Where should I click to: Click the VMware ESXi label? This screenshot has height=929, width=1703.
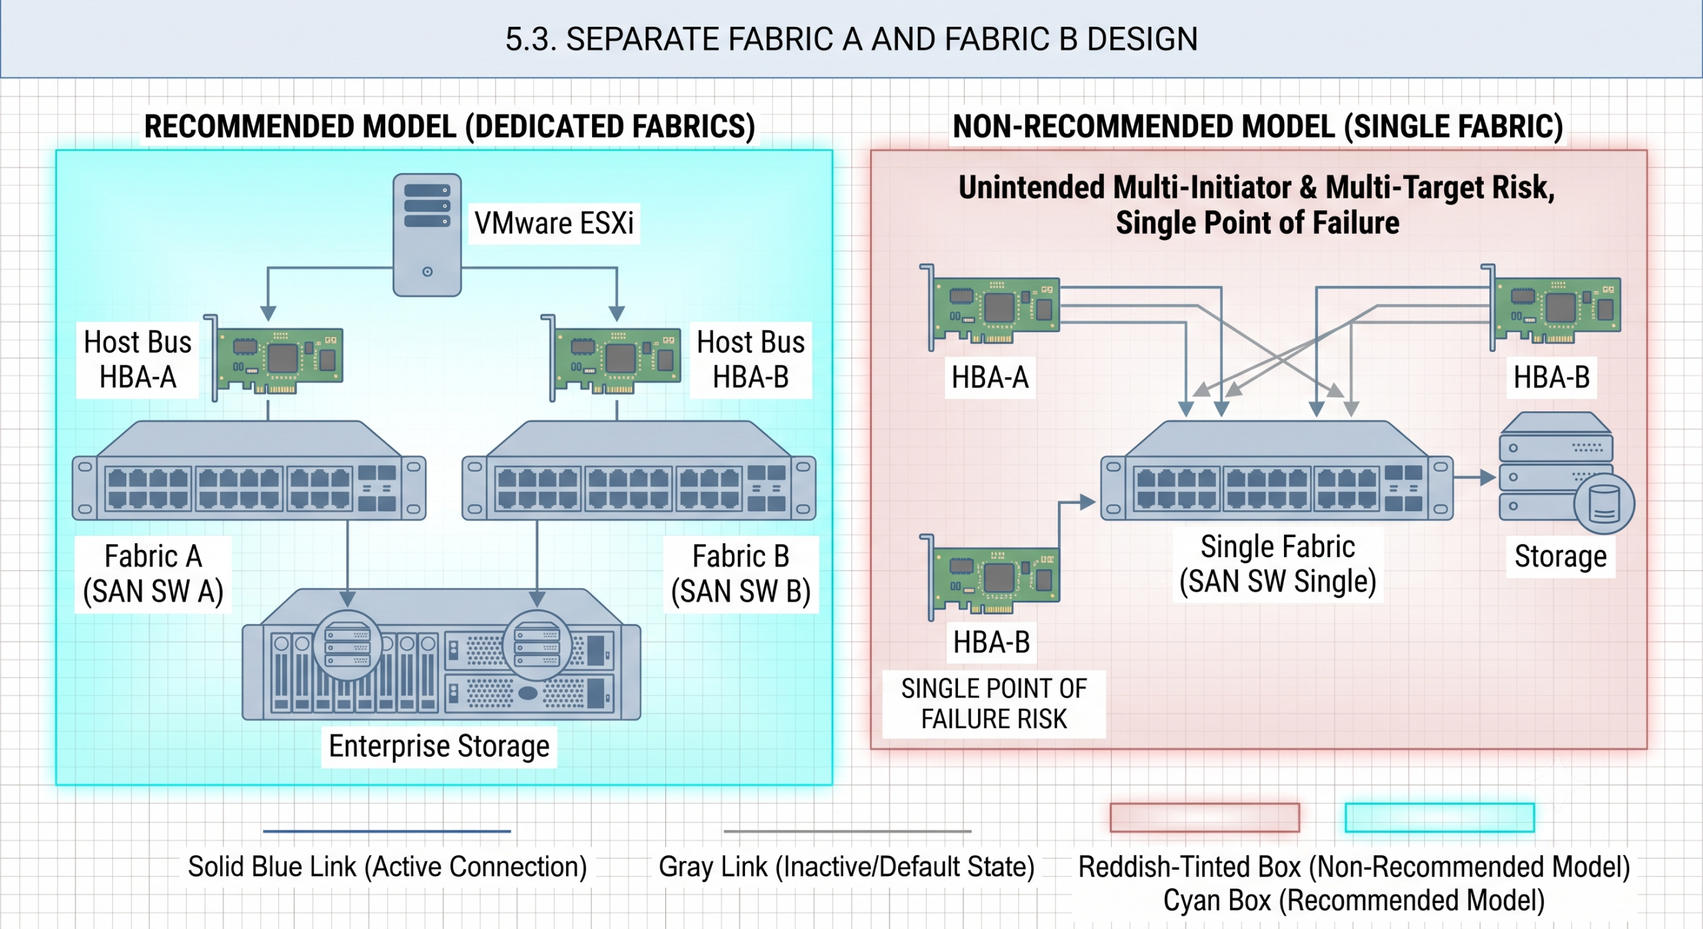[x=554, y=223]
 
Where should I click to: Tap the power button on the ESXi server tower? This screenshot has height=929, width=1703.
[x=427, y=272]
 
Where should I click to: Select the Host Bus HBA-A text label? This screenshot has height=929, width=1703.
[x=138, y=359]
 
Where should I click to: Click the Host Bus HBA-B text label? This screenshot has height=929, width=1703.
[x=750, y=359]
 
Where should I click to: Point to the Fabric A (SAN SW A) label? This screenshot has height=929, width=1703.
[x=153, y=574]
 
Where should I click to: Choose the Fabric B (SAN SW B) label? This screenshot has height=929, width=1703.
[x=740, y=574]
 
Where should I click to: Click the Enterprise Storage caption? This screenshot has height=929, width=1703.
[x=439, y=746]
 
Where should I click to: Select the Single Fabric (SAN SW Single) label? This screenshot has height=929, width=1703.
[x=1277, y=564]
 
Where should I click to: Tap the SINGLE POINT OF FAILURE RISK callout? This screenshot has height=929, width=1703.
[x=994, y=703]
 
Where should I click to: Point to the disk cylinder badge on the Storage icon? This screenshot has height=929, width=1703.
[x=1604, y=504]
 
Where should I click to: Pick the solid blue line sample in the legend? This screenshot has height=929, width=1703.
[x=387, y=831]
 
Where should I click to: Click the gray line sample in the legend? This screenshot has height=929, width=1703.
[x=848, y=831]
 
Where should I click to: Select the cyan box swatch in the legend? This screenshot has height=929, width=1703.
[x=1440, y=818]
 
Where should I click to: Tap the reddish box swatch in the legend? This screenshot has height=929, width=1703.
[x=1205, y=818]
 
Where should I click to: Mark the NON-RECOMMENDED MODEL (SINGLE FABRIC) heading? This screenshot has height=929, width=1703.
[x=1258, y=126]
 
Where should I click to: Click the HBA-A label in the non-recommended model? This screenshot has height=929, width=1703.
[x=990, y=377]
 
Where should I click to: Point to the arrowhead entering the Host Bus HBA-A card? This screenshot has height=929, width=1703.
[x=268, y=313]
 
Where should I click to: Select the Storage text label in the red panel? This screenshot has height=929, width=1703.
[x=1561, y=557]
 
